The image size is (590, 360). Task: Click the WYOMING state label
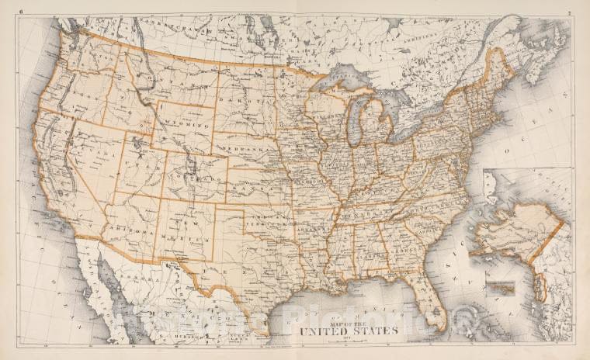(x=186, y=123)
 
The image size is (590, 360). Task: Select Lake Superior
(x=342, y=78)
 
